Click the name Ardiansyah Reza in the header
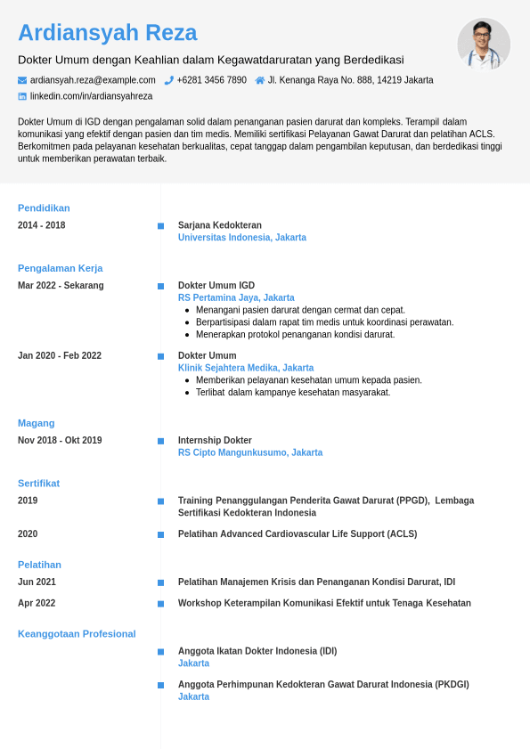(x=107, y=33)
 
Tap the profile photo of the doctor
(x=484, y=45)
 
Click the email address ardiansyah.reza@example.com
(x=93, y=80)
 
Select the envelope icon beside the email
(x=22, y=80)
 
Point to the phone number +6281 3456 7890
(x=211, y=80)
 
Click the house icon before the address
(x=260, y=80)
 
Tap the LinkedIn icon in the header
(x=22, y=96)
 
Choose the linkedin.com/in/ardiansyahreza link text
(x=91, y=96)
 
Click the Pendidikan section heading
(x=44, y=208)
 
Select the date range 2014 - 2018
(x=42, y=225)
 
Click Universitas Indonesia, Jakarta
(x=242, y=238)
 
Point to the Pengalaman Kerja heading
(x=60, y=268)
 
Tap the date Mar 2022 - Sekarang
(x=61, y=286)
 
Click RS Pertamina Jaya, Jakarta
(x=236, y=298)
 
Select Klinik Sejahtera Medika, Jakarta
(x=246, y=368)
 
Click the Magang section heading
(x=37, y=423)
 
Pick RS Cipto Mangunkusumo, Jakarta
(x=250, y=453)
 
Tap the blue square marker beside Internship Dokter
(x=160, y=441)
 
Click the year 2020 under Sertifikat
(x=28, y=534)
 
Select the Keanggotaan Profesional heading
(x=77, y=634)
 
